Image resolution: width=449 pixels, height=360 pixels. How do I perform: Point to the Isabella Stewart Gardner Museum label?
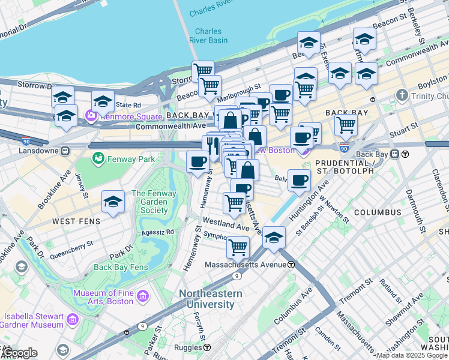point(34,320)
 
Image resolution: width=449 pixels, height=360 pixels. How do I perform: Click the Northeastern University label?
point(210,299)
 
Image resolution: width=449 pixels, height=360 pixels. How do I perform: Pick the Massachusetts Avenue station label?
point(247,265)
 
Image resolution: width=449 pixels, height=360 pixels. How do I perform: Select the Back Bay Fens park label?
point(120,267)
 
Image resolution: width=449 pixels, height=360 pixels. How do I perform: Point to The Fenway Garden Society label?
point(154,202)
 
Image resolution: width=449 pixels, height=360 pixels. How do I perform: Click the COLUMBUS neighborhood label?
point(377,212)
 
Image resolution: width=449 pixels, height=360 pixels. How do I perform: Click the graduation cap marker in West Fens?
point(113,202)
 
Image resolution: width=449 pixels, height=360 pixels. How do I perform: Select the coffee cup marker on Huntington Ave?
point(299,179)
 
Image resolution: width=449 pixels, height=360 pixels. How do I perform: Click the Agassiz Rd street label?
point(157,231)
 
